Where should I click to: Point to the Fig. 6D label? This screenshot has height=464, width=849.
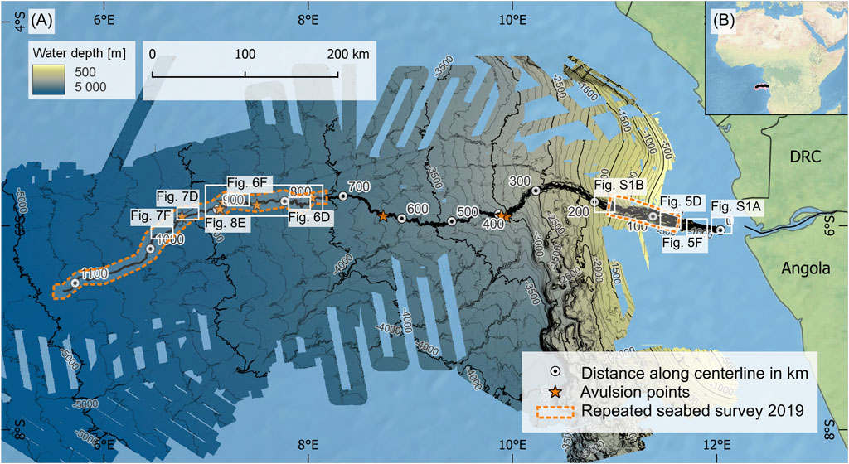[x=309, y=216]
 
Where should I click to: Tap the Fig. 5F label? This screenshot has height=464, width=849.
[x=684, y=242]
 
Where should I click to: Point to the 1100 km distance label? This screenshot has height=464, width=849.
[x=95, y=273]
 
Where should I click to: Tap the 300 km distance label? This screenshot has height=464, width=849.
[x=518, y=181]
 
